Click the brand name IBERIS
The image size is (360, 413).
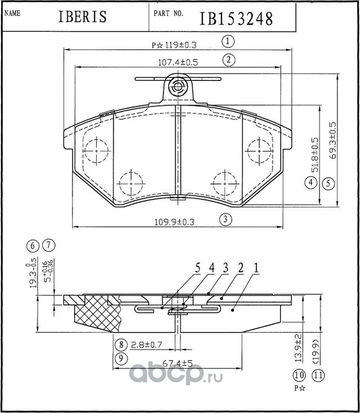pos(82,17)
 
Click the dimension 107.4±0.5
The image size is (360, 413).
pos(177,62)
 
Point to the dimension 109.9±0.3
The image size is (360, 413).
pos(174,222)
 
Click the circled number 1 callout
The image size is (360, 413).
pos(228,41)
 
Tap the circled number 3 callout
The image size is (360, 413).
pos(225,219)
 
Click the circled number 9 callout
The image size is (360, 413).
pos(120,358)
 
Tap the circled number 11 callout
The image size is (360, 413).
pos(318,375)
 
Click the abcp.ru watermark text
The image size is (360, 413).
pos(177,374)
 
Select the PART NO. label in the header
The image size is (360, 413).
pos(168,13)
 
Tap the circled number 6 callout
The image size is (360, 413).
pos(34,245)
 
